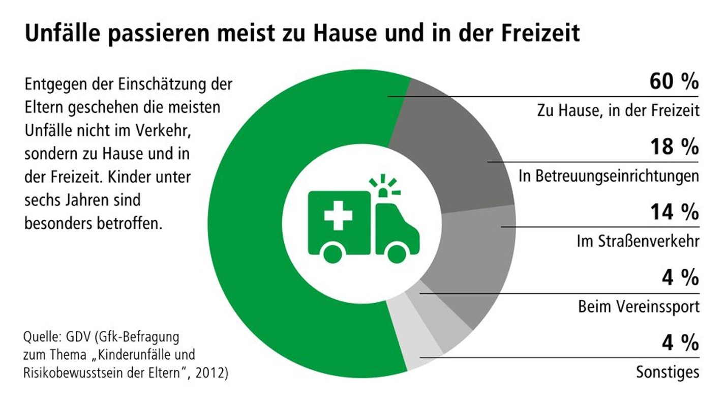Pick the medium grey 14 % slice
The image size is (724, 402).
473,265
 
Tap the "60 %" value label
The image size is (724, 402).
674,82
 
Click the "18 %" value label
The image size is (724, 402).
674,148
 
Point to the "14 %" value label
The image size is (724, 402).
674,213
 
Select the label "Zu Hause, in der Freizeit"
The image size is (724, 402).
618,110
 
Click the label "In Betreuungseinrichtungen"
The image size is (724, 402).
609,176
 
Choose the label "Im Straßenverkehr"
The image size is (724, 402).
638,242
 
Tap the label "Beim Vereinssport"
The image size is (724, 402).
639,307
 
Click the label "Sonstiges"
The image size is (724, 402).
668,372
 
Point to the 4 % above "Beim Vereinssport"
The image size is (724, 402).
680,278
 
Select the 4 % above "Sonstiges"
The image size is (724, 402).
680,343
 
